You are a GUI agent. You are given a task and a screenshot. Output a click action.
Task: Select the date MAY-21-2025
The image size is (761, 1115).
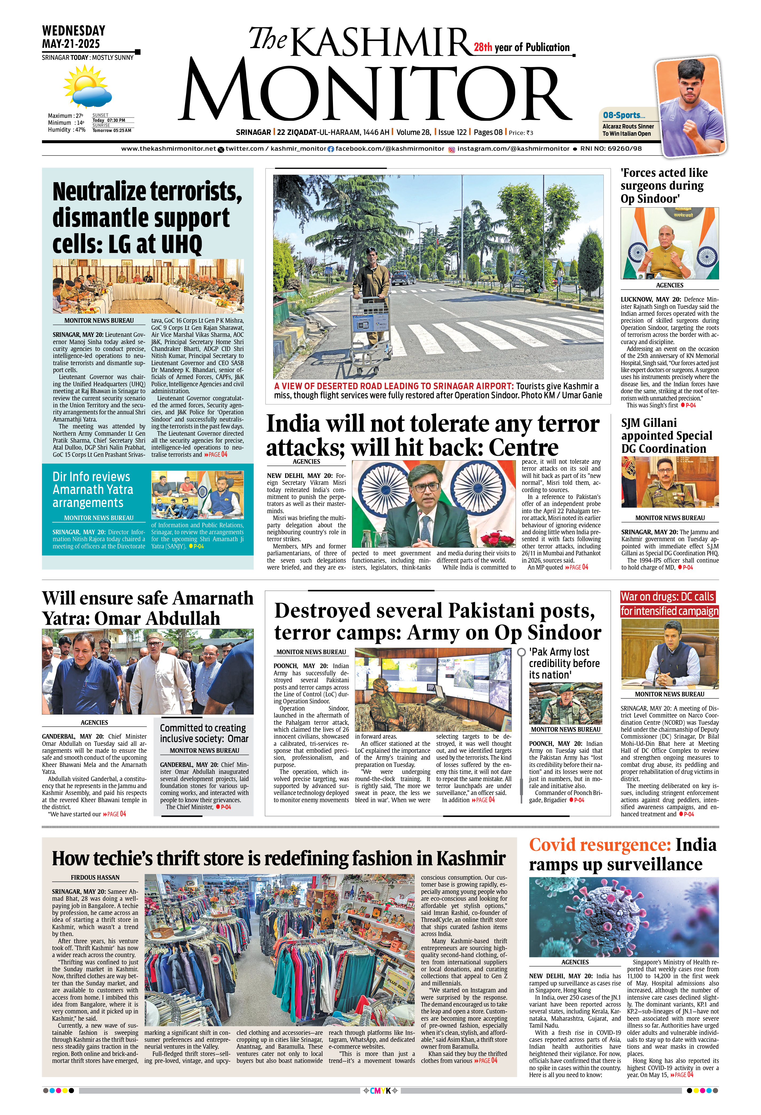(x=71, y=44)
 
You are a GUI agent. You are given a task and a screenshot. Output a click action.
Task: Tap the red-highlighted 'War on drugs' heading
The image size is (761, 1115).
(x=669, y=603)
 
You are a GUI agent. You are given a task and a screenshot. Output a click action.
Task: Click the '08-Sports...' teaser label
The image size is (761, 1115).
(x=623, y=115)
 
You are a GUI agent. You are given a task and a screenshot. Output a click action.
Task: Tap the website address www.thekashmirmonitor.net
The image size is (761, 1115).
(x=168, y=149)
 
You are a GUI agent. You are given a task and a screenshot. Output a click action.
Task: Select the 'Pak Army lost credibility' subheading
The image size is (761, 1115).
(x=564, y=663)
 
